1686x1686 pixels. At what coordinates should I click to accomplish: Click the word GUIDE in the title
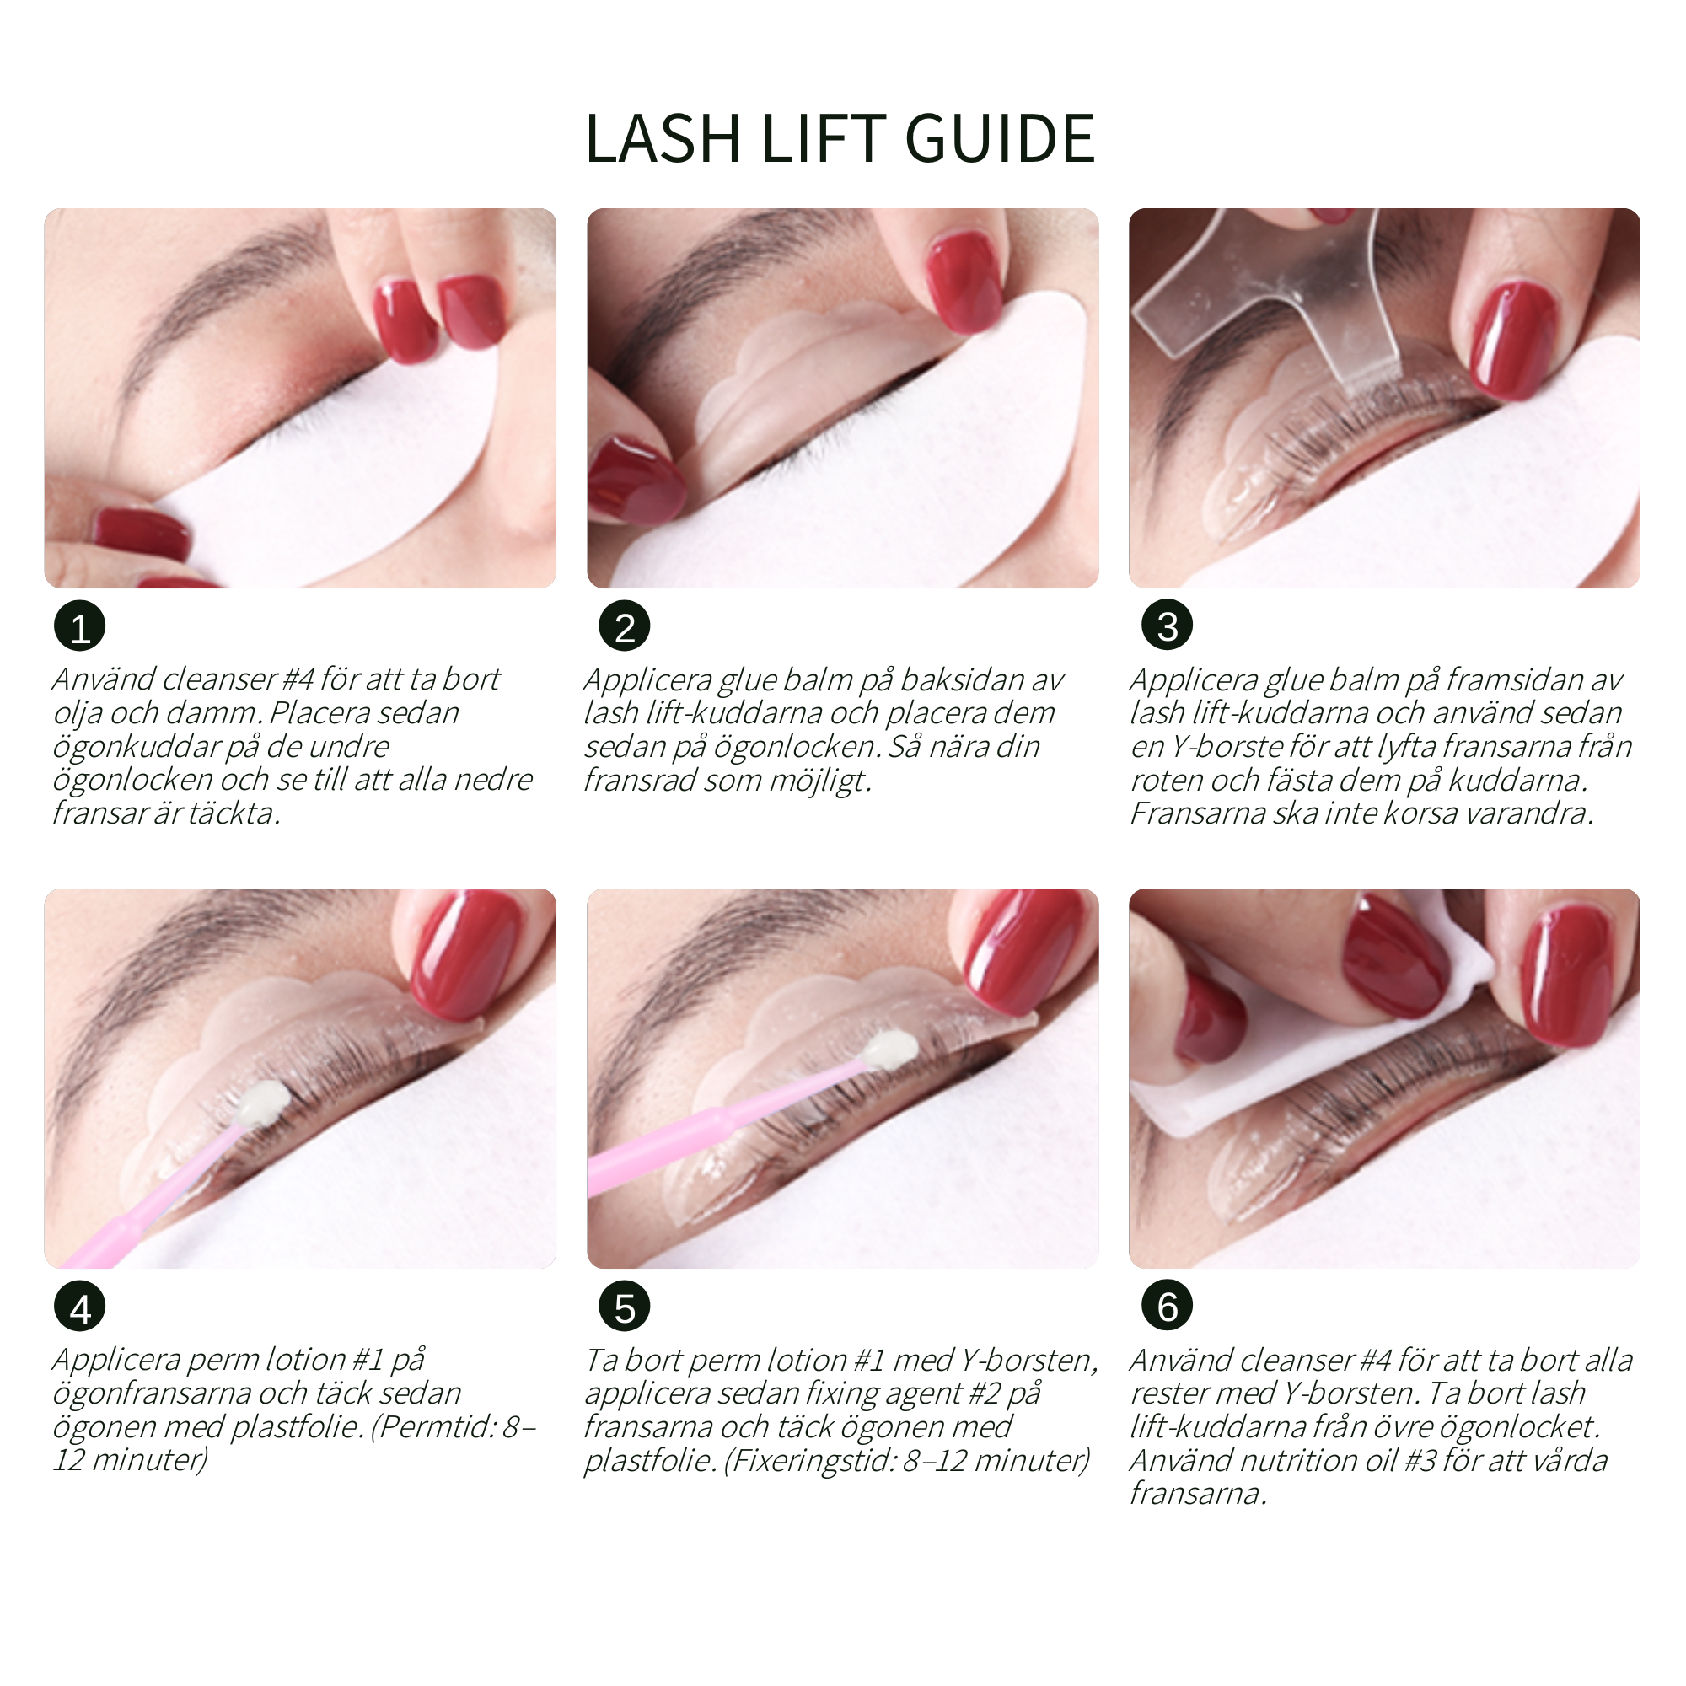999,139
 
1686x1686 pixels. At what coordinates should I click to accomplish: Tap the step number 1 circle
79,626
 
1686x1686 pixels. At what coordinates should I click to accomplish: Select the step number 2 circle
624,626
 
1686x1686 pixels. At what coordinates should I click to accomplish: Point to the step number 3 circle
1167,626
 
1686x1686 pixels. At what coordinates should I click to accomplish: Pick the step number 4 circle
79,1307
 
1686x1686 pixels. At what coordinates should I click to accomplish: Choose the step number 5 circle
624,1307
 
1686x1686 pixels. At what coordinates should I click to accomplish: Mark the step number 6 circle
1167,1307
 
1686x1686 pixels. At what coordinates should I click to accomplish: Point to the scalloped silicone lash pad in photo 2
786,367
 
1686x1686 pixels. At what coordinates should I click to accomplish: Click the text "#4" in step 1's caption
298,679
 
